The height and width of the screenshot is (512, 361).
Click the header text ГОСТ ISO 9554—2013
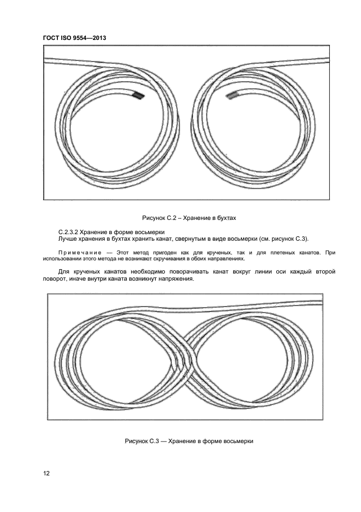point(74,38)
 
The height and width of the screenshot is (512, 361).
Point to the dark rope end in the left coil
point(139,96)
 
